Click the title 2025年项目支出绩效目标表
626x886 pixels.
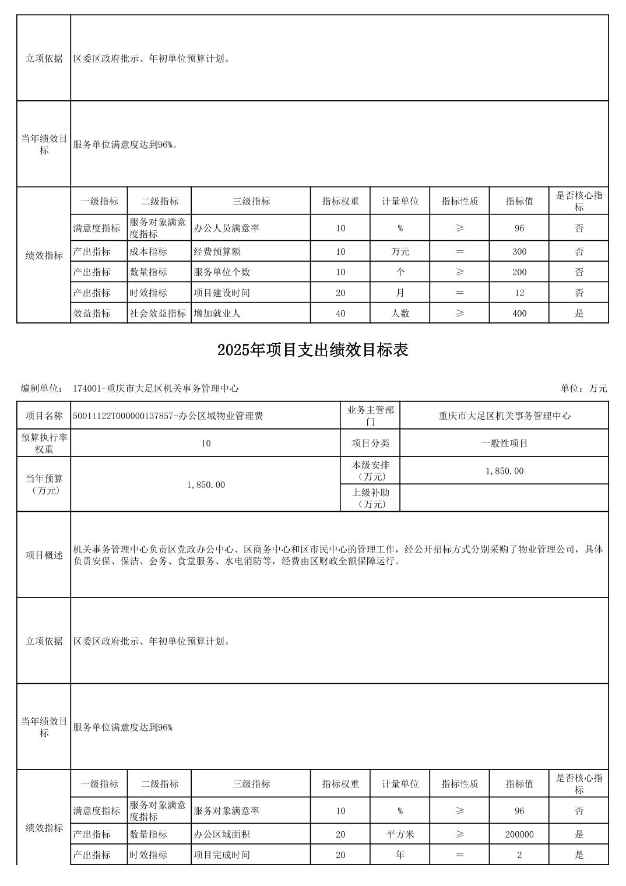click(312, 350)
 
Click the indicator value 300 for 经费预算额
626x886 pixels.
click(519, 252)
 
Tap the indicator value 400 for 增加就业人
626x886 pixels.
click(519, 314)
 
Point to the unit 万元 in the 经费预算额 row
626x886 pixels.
click(400, 252)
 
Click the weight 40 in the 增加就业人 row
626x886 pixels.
click(340, 314)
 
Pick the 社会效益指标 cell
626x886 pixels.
click(158, 314)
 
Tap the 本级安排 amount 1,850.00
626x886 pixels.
click(504, 471)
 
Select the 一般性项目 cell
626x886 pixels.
click(504, 444)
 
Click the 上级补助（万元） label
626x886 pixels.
click(370, 498)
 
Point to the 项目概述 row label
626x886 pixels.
click(44, 555)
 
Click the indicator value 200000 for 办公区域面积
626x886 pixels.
click(519, 835)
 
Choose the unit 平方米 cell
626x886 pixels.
click(400, 835)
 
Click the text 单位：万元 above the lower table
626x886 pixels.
click(583, 388)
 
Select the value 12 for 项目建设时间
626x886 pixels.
click(519, 293)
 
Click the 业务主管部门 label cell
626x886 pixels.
click(370, 416)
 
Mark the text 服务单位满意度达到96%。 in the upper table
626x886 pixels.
click(125, 145)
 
